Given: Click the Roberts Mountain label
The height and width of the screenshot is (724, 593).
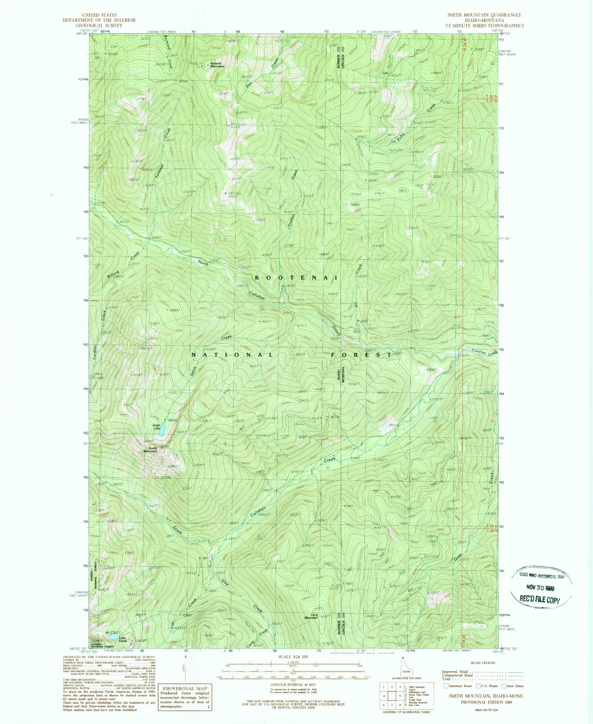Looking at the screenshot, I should pyautogui.click(x=217, y=64).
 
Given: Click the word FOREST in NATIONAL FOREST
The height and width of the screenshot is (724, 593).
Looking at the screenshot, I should pyautogui.click(x=361, y=355).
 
